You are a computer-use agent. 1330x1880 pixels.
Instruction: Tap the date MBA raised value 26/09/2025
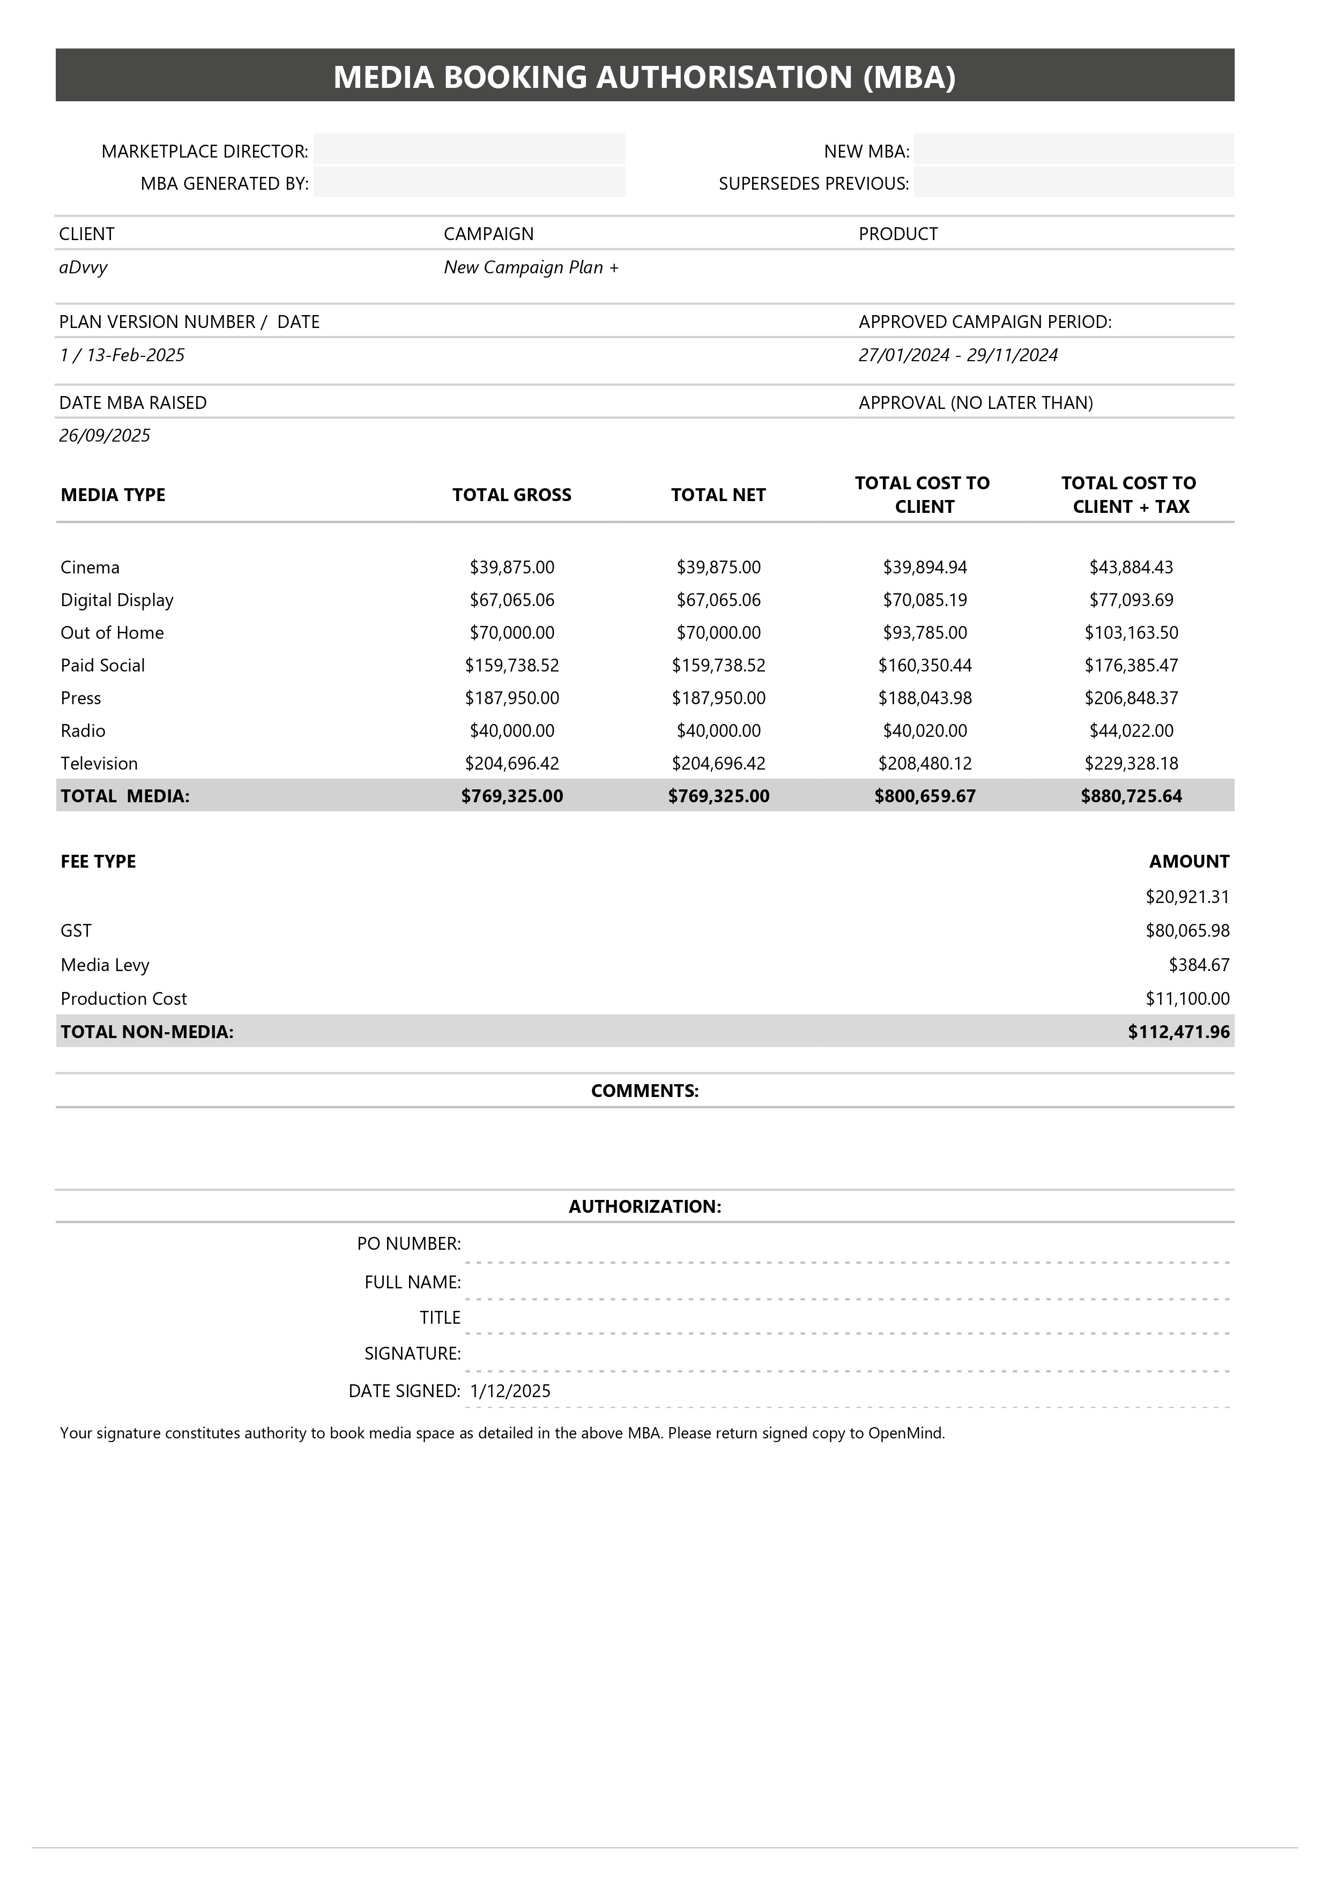pos(105,436)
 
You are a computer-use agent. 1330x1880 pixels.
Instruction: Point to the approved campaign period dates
pos(957,355)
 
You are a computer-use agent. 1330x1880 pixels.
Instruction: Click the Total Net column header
pos(718,495)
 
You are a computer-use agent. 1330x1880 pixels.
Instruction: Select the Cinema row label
pos(90,568)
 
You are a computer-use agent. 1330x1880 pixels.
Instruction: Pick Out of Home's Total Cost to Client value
pos(925,633)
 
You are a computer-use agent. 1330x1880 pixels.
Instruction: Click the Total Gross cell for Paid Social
pos(512,666)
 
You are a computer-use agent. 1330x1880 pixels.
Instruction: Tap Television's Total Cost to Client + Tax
pos(1131,763)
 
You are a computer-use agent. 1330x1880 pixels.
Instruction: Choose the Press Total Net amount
pos(718,698)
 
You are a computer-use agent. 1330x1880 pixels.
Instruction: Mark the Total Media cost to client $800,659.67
pos(925,796)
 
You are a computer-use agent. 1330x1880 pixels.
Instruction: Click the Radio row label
pos(83,730)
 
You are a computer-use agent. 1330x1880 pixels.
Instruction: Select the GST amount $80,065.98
pos(1187,930)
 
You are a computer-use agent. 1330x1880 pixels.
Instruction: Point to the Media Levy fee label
pos(105,965)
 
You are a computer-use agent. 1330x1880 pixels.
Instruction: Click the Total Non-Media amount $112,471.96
pos(1178,1032)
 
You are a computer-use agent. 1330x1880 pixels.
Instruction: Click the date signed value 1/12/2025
pos(510,1391)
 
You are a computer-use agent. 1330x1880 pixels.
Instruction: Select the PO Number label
pos(408,1244)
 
